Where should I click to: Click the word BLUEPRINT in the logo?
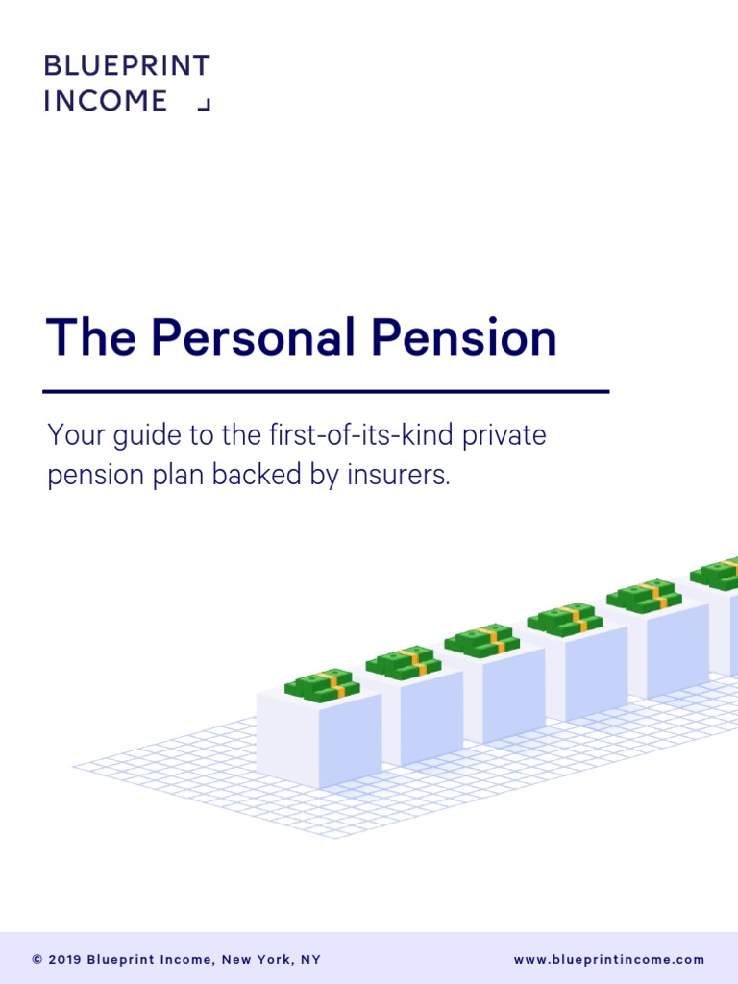tap(127, 66)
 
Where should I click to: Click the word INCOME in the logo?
tap(106, 101)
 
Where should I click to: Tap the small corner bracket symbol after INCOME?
tap(203, 104)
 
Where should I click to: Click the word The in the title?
tap(92, 338)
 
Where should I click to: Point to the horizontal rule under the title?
tap(326, 391)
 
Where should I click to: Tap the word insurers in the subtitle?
tap(403, 476)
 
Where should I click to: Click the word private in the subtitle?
tap(504, 435)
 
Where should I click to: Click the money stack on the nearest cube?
tap(322, 684)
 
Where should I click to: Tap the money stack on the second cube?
tap(403, 662)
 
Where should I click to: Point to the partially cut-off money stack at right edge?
tap(718, 574)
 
